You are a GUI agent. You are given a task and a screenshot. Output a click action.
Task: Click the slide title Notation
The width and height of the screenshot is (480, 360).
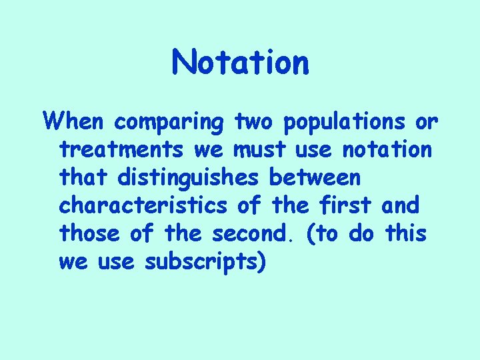point(240,63)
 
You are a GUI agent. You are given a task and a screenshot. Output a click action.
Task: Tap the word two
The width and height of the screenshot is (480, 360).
point(255,123)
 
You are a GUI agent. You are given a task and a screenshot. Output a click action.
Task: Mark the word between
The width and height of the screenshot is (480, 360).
point(315,179)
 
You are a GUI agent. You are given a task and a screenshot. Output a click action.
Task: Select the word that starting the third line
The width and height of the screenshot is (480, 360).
point(84,179)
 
